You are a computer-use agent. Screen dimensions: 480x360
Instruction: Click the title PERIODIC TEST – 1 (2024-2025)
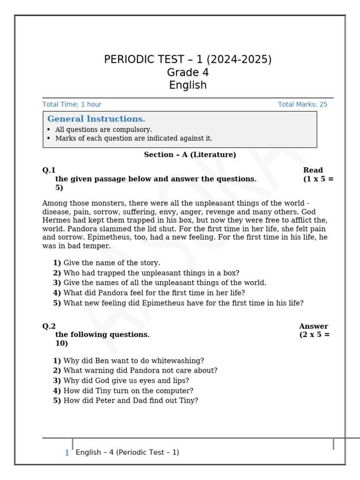[187, 60]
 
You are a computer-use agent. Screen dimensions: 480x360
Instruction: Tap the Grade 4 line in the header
[187, 73]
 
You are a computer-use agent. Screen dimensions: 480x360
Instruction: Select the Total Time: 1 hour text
[72, 105]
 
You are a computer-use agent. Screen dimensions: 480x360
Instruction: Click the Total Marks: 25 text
[302, 105]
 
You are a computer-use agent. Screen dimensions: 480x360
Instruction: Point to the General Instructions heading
[96, 119]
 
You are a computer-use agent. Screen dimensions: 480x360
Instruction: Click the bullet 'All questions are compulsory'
[103, 130]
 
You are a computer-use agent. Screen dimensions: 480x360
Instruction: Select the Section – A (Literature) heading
[190, 155]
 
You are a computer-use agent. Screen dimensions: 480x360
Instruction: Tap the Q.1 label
[49, 170]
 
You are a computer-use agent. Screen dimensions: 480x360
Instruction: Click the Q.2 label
[49, 326]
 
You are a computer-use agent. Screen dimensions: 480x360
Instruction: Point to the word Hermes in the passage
[57, 220]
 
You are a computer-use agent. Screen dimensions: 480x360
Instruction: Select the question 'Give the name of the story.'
[112, 263]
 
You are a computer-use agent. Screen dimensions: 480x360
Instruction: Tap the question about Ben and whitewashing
[134, 361]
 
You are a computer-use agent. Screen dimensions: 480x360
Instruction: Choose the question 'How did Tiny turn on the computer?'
[128, 391]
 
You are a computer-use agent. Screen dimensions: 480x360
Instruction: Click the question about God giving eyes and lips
[126, 381]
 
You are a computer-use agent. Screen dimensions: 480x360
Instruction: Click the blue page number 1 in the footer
[67, 453]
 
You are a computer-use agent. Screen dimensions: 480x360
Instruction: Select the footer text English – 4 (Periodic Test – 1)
[127, 453]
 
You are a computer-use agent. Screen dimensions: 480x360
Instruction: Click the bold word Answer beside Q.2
[313, 326]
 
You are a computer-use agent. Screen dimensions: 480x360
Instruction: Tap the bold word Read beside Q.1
[313, 170]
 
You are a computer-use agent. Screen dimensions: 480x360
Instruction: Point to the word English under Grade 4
[187, 85]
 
